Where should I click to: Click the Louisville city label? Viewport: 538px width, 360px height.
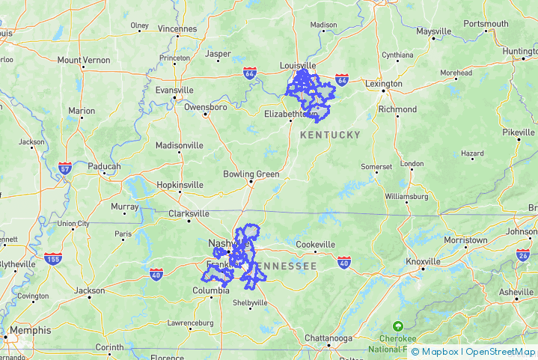coord(299,65)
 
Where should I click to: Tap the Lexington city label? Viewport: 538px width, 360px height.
coord(384,84)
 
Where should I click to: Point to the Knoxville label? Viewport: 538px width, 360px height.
coord(423,261)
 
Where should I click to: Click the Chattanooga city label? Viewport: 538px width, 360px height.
coord(328,338)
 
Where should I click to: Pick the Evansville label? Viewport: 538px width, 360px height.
coord(174,90)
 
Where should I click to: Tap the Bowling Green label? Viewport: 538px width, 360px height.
coord(251,174)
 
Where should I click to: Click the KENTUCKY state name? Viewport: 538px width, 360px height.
coord(330,135)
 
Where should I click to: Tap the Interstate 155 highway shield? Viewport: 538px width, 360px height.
coord(52,260)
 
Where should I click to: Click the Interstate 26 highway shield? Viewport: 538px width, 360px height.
coord(523,255)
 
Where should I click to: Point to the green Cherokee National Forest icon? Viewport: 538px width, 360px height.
coord(397,327)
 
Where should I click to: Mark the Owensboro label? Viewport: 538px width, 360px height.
coord(205,107)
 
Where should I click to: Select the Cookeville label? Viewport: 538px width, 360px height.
coord(316,245)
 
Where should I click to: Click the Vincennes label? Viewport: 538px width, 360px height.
coord(177,29)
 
